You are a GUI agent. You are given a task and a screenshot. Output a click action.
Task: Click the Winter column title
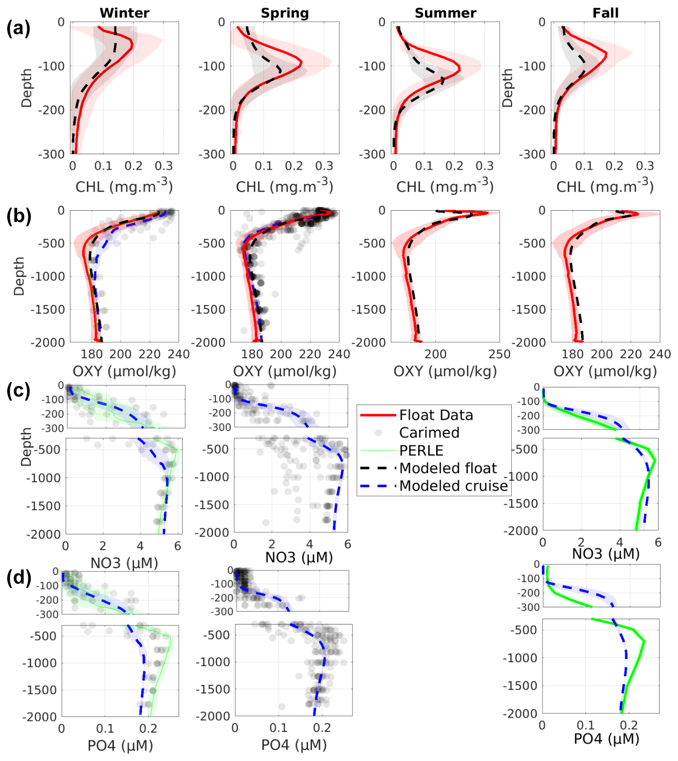click(124, 13)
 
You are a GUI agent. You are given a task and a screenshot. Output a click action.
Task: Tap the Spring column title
click(285, 13)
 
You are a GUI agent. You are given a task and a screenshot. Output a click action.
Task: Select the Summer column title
click(445, 13)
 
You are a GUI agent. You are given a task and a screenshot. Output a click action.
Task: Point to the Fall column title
click(605, 13)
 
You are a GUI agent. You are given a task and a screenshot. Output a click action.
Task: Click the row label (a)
click(18, 29)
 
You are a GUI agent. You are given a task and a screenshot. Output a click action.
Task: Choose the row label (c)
click(18, 391)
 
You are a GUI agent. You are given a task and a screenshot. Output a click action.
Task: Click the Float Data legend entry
click(436, 415)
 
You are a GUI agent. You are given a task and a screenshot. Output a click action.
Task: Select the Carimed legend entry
click(429, 432)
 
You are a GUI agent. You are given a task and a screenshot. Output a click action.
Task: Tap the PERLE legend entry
click(421, 450)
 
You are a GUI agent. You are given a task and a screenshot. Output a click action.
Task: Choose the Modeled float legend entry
click(448, 468)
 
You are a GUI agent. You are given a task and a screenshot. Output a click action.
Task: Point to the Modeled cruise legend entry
click(454, 486)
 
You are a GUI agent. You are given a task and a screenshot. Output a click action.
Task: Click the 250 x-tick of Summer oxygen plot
click(499, 354)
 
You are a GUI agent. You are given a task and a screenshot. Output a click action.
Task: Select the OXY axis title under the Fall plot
click(605, 371)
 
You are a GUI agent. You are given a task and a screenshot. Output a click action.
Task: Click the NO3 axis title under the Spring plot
click(299, 557)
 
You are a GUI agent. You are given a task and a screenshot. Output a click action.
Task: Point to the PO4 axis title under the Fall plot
click(606, 739)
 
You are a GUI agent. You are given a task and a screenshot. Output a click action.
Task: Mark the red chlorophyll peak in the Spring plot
click(301, 63)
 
